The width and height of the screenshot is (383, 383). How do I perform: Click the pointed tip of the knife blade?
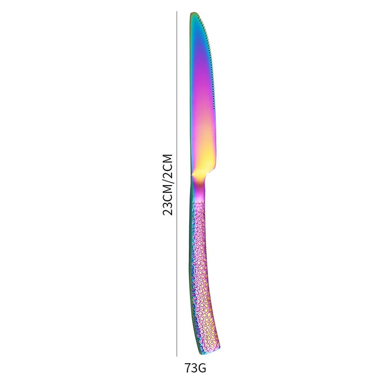pos(193,13)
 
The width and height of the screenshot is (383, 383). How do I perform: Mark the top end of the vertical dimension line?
pos(177,11)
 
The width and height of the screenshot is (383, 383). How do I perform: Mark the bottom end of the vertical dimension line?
pos(177,356)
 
